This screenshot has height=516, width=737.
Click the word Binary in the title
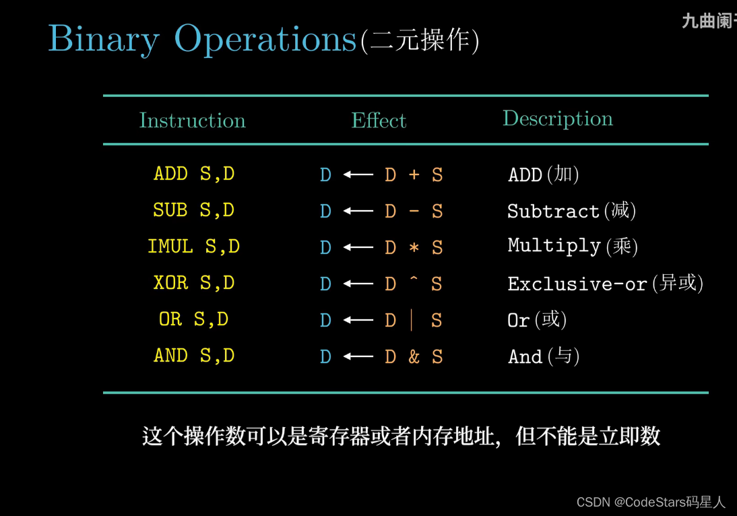coord(104,40)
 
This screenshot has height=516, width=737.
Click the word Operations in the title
coord(265,40)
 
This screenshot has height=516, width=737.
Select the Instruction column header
coord(192,121)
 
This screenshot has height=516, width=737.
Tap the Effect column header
coord(379,121)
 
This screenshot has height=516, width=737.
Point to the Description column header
coord(558,119)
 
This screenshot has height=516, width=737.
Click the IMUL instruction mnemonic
coord(170,247)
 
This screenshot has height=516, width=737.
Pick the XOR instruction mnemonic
coord(170,282)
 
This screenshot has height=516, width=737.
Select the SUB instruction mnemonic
coord(170,210)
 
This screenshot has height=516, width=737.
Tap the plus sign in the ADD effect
coord(414,175)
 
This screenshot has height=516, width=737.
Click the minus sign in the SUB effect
coord(414,211)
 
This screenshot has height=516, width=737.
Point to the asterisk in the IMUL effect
coord(414,247)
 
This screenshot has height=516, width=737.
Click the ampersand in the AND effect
coord(414,357)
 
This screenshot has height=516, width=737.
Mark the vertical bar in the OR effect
coord(411,320)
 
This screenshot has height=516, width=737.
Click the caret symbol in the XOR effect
coord(414,278)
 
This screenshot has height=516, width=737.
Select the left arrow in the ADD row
coord(358,175)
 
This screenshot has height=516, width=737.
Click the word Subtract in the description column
coord(553,211)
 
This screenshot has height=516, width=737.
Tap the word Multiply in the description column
coord(554,247)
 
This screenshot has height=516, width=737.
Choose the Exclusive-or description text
coord(577,284)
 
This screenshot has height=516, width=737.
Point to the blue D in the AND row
coord(326,357)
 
